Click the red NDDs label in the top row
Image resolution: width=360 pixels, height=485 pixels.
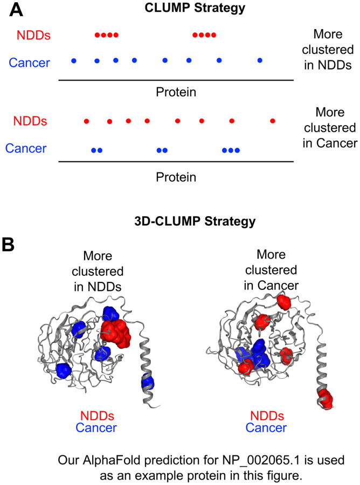click(33, 36)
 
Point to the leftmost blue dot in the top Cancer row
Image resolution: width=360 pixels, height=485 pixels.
click(74, 60)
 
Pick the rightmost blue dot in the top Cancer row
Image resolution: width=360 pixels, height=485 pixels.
click(260, 60)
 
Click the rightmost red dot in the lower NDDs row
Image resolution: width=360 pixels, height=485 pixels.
click(273, 121)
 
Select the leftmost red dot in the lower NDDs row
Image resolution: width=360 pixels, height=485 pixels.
click(86, 121)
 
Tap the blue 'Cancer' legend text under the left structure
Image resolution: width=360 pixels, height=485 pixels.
click(96, 428)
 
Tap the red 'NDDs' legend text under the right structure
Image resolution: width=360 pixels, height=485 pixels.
click(268, 416)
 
